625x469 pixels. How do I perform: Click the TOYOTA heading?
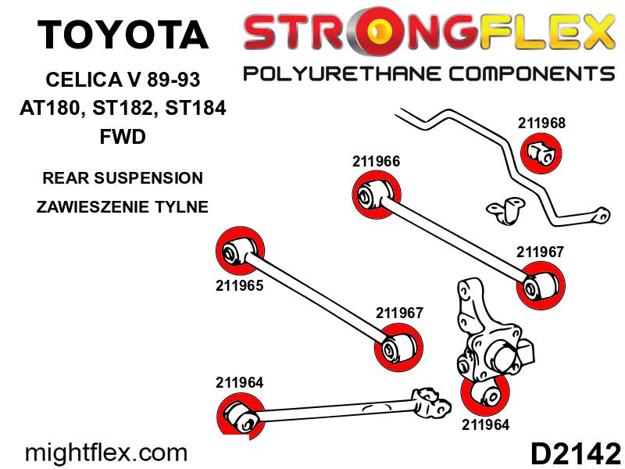pyautogui.click(x=123, y=34)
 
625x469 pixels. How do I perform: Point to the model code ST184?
pyautogui.click(x=195, y=108)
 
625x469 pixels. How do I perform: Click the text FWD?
pyautogui.click(x=123, y=137)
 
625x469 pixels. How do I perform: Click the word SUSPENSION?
pyautogui.click(x=148, y=178)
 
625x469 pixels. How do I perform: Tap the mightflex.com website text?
pyautogui.click(x=106, y=453)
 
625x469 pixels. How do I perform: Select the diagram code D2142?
pyautogui.click(x=576, y=453)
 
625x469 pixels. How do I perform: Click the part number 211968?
pyautogui.click(x=541, y=124)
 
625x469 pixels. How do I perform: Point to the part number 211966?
pyautogui.click(x=376, y=162)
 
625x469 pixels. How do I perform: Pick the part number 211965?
pyautogui.click(x=240, y=285)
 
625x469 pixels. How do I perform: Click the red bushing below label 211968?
pyautogui.click(x=541, y=153)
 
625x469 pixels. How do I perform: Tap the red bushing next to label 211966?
pyautogui.click(x=377, y=195)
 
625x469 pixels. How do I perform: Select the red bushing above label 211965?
pyautogui.click(x=240, y=251)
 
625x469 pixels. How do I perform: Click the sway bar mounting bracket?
pyautogui.click(x=505, y=210)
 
